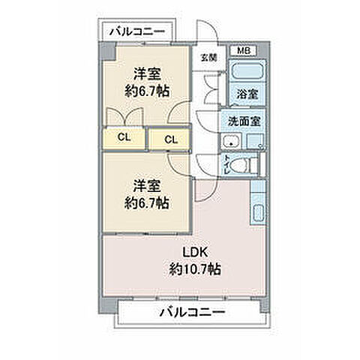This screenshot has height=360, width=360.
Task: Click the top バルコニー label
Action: point(136,31)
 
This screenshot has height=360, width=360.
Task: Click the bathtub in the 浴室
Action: point(246,73)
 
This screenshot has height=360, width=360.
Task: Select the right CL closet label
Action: point(170,139)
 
